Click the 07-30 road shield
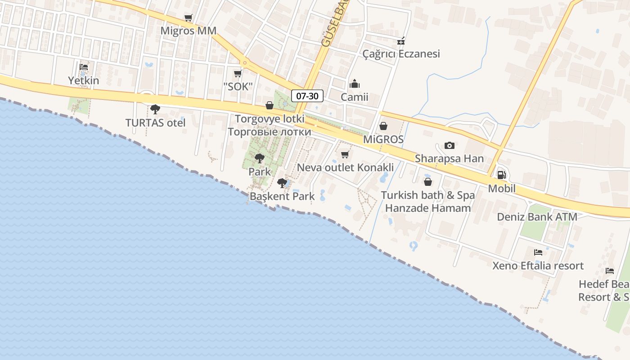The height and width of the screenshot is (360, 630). (x=307, y=95)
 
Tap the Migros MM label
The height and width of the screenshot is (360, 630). (x=189, y=31)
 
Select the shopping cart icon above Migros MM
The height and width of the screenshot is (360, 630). (x=188, y=18)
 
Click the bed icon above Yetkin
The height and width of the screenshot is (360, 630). (x=83, y=67)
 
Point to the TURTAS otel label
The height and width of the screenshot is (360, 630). (x=155, y=123)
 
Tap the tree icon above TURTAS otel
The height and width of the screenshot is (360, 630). (x=155, y=109)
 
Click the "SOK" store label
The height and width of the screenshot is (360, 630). (x=238, y=87)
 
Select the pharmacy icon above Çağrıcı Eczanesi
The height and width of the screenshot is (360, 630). (x=401, y=41)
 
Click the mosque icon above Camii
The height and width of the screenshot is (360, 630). (x=355, y=84)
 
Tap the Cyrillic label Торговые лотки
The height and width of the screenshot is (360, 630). (x=269, y=132)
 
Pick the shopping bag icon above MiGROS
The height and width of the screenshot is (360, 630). (x=383, y=126)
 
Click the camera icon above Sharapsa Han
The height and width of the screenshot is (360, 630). (x=449, y=145)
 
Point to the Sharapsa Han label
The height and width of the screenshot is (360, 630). (x=449, y=158)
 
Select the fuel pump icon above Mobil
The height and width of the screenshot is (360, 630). (x=501, y=175)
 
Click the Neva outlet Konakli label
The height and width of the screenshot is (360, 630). (x=345, y=168)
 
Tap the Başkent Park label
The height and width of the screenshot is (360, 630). (x=282, y=196)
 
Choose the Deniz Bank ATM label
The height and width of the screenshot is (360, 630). (x=537, y=217)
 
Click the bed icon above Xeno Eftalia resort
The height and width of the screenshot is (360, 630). (x=538, y=252)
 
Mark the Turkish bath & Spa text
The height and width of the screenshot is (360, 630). (x=428, y=195)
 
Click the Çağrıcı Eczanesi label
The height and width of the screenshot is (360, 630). (x=401, y=54)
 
